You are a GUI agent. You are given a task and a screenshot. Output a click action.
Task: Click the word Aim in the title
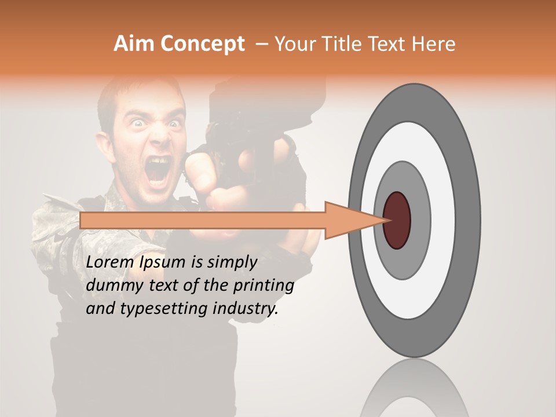[x=134, y=44]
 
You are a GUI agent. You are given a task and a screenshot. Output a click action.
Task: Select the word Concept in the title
[x=202, y=44]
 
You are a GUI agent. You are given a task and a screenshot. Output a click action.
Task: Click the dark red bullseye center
[x=397, y=220]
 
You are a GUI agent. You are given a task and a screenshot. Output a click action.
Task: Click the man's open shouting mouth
[x=159, y=169]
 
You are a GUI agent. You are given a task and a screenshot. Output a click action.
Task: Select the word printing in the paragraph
[x=266, y=286]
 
